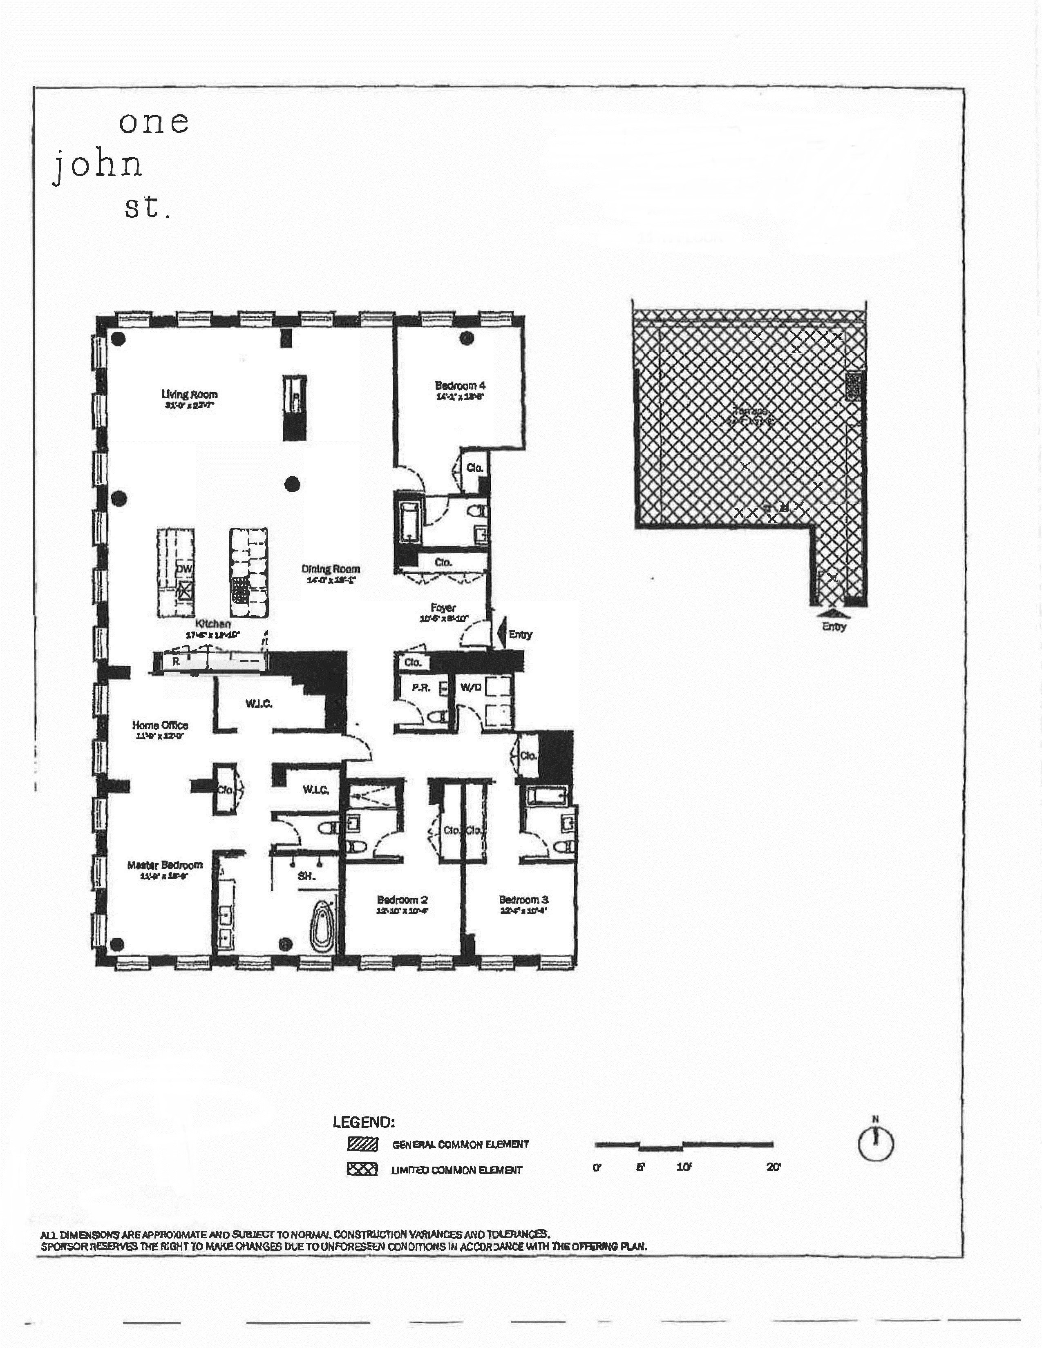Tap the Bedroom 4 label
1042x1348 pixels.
[x=460, y=386]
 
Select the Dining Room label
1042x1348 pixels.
[x=330, y=569]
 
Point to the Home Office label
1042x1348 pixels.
[x=160, y=725]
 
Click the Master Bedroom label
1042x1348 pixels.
[x=165, y=865]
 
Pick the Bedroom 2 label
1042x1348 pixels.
[x=402, y=899]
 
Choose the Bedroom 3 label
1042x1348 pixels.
[x=523, y=899]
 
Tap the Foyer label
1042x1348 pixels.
[x=443, y=608]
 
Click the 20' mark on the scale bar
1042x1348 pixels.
[x=774, y=1167]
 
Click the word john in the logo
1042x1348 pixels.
[x=98, y=165]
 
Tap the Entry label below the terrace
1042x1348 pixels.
[x=834, y=626]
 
